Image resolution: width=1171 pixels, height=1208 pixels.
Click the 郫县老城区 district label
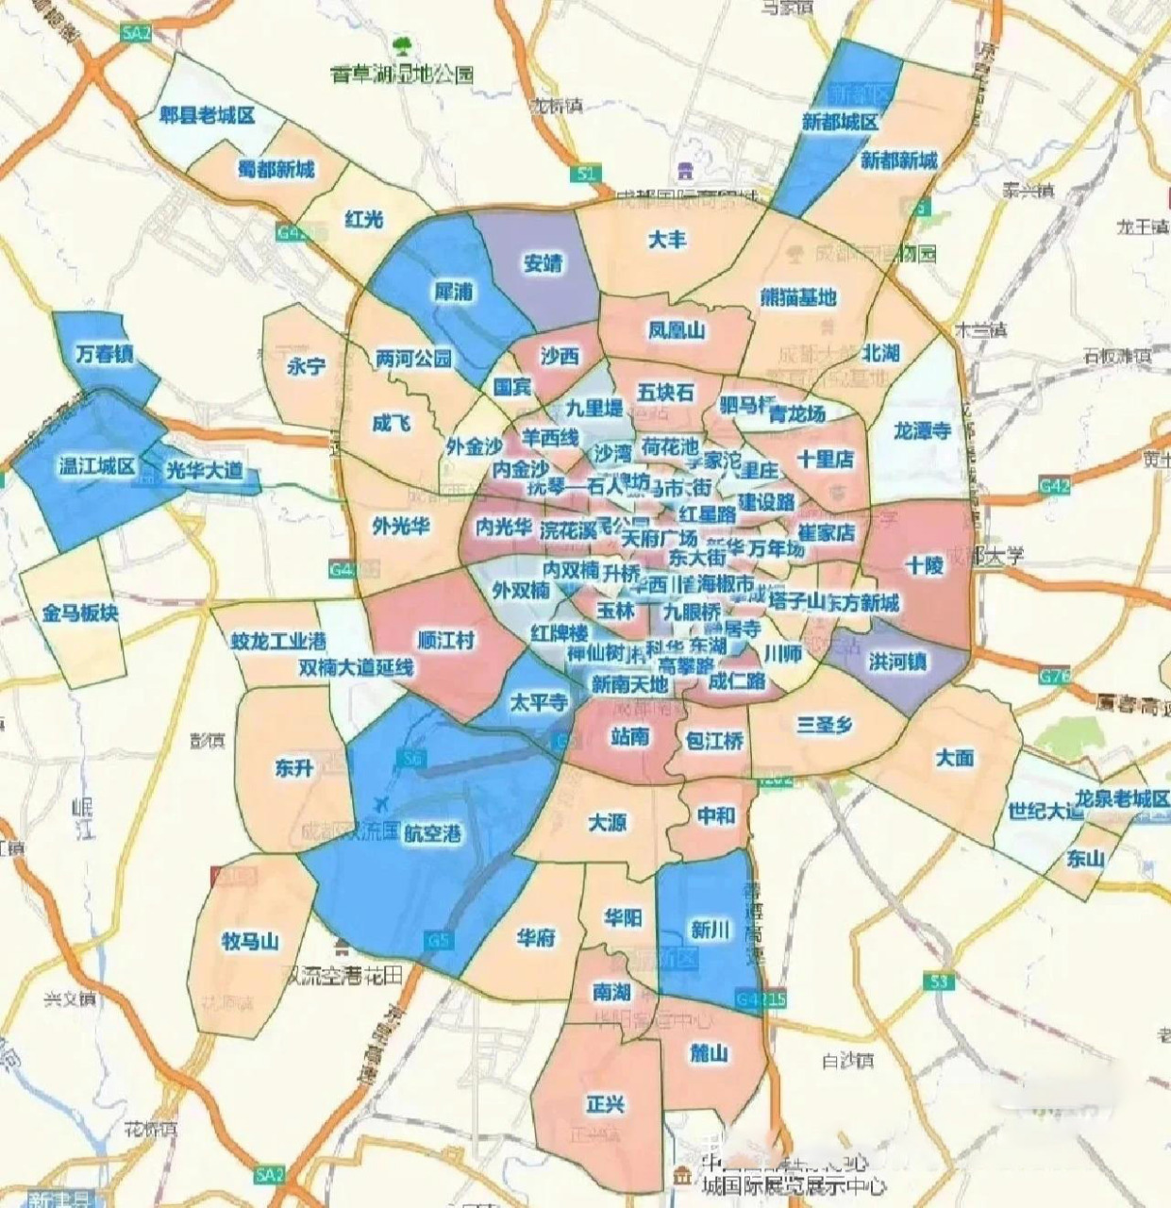tap(208, 115)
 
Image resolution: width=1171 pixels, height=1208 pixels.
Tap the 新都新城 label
tap(898, 159)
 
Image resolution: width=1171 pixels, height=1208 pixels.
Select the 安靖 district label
tap(543, 262)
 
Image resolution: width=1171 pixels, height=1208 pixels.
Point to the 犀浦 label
tap(453, 292)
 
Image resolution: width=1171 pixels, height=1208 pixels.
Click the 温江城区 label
tap(97, 466)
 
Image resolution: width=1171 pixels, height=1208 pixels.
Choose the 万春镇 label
tap(104, 354)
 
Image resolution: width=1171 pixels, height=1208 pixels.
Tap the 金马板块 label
tap(80, 612)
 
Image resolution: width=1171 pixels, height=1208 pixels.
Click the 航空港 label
tap(433, 833)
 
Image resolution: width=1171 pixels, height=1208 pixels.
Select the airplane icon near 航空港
tap(381, 803)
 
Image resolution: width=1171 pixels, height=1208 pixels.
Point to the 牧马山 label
tap(250, 941)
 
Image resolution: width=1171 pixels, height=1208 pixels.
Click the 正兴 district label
tap(605, 1103)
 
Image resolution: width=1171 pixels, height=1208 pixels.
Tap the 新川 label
tap(710, 930)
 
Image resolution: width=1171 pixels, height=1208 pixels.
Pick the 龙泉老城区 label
tap(1122, 798)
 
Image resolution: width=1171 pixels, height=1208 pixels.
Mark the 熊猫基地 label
tap(798, 297)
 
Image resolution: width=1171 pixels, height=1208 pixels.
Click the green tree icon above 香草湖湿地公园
tap(403, 44)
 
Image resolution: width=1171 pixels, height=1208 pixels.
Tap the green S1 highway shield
tap(587, 174)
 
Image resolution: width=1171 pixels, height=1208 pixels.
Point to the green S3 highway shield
tap(937, 982)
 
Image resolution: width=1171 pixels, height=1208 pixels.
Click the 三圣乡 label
tap(824, 725)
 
